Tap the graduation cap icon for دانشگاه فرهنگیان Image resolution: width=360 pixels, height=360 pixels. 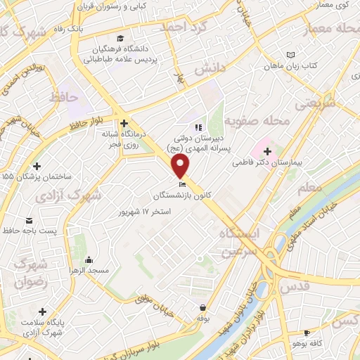(121, 38)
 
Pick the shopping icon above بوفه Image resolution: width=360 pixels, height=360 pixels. (203, 307)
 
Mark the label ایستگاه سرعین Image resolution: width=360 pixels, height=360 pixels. (239, 241)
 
